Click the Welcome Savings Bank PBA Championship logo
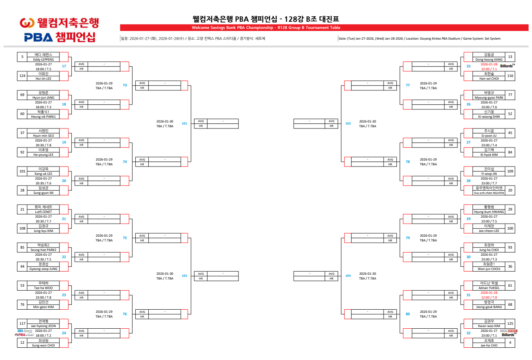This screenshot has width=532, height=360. click(59, 30)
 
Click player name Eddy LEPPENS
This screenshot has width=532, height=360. click(43, 59)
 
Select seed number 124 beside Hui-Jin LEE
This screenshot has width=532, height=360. click(22, 76)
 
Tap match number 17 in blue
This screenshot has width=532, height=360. click(64, 66)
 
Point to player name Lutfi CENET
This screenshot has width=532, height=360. click(43, 212)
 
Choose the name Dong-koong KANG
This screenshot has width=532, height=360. click(489, 59)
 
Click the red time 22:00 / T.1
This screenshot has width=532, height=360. click(489, 69)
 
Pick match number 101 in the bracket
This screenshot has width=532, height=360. click(184, 123)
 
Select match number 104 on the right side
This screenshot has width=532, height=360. click(348, 276)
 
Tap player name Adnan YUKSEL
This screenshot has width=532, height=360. click(489, 288)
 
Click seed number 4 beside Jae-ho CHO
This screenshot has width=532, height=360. click(510, 343)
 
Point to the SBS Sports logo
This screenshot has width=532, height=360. click(25, 331)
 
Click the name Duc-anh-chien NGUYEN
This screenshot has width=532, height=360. click(489, 193)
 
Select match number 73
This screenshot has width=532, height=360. click(125, 85)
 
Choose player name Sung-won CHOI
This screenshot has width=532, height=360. click(43, 345)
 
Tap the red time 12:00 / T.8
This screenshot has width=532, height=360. click(489, 297)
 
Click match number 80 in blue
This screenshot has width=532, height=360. click(408, 314)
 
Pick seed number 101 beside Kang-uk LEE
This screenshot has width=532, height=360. click(22, 171)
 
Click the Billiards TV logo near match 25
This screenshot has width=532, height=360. click(507, 66)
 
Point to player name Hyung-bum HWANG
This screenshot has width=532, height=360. click(489, 212)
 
